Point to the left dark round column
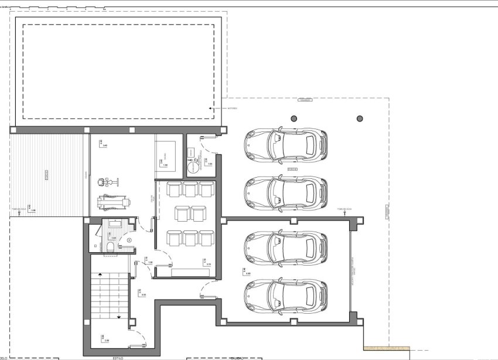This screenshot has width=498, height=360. coord(292,119)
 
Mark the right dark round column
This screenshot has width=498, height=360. coord(359,119)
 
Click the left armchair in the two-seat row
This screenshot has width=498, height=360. coord(182,212)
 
